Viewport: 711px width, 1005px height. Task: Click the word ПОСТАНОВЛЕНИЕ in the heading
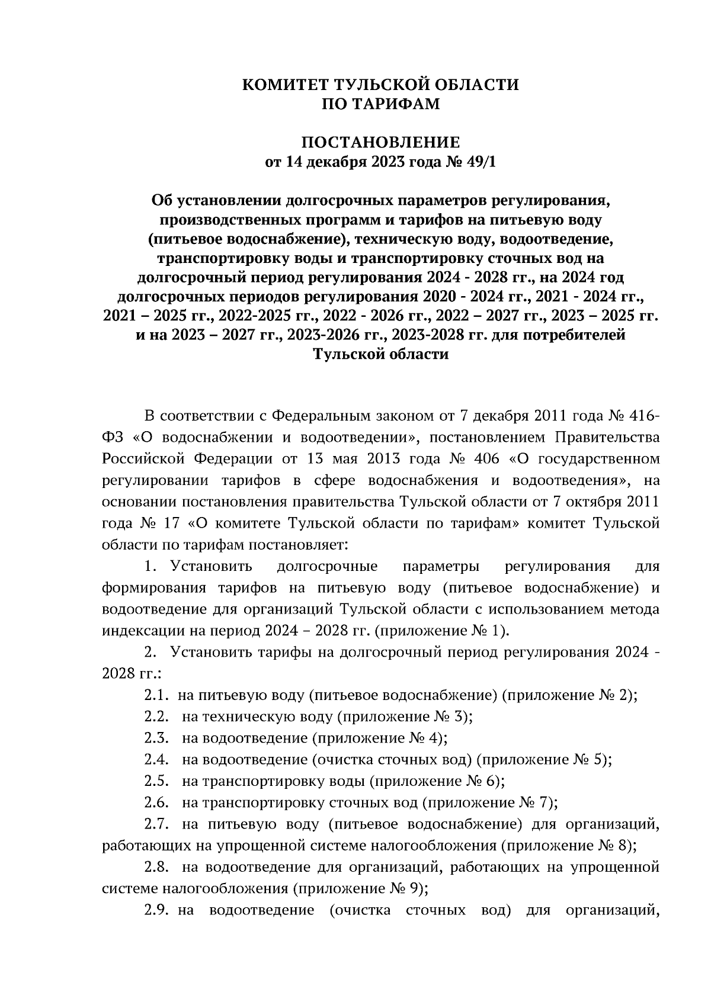(x=381, y=143)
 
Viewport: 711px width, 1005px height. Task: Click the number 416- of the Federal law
(x=638, y=416)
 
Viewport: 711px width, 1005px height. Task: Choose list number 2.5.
(x=156, y=781)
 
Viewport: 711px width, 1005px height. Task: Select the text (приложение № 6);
(x=437, y=781)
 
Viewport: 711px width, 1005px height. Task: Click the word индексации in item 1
(x=140, y=631)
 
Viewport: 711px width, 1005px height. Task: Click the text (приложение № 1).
(x=441, y=631)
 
